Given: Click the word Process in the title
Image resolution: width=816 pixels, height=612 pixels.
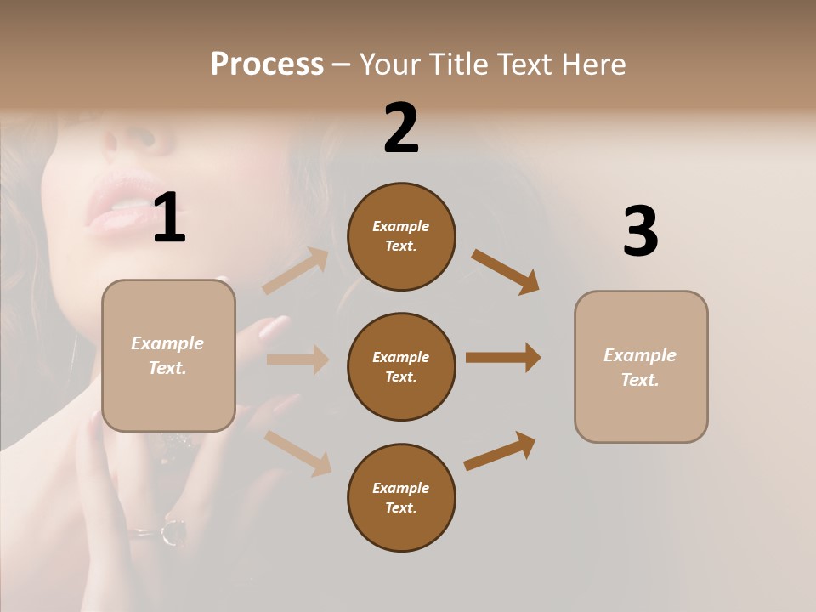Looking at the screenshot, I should pyautogui.click(x=267, y=64).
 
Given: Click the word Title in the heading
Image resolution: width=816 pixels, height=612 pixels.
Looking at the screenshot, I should pyautogui.click(x=460, y=64).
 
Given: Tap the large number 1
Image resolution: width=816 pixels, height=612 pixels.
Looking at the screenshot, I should pyautogui.click(x=169, y=218).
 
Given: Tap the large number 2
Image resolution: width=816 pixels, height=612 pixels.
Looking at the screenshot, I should pyautogui.click(x=401, y=128).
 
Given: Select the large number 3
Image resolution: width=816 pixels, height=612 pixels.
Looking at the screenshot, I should pyautogui.click(x=640, y=231).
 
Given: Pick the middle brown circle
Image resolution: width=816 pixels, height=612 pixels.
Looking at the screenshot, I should pyautogui.click(x=401, y=366).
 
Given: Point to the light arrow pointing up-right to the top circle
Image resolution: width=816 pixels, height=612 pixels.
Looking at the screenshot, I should pyautogui.click(x=296, y=270).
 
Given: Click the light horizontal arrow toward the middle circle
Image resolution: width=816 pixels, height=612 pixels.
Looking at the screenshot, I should pyautogui.click(x=297, y=360).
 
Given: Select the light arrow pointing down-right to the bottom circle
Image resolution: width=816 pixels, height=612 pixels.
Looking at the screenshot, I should pyautogui.click(x=298, y=452).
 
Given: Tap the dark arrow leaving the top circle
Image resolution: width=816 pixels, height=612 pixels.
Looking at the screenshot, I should pyautogui.click(x=506, y=271).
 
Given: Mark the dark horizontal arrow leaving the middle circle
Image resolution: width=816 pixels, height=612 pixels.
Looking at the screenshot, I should pyautogui.click(x=503, y=357).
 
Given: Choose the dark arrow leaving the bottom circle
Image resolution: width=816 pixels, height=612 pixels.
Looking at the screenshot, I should pyautogui.click(x=500, y=450).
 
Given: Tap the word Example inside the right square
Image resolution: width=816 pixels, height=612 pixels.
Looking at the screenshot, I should pyautogui.click(x=640, y=355).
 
